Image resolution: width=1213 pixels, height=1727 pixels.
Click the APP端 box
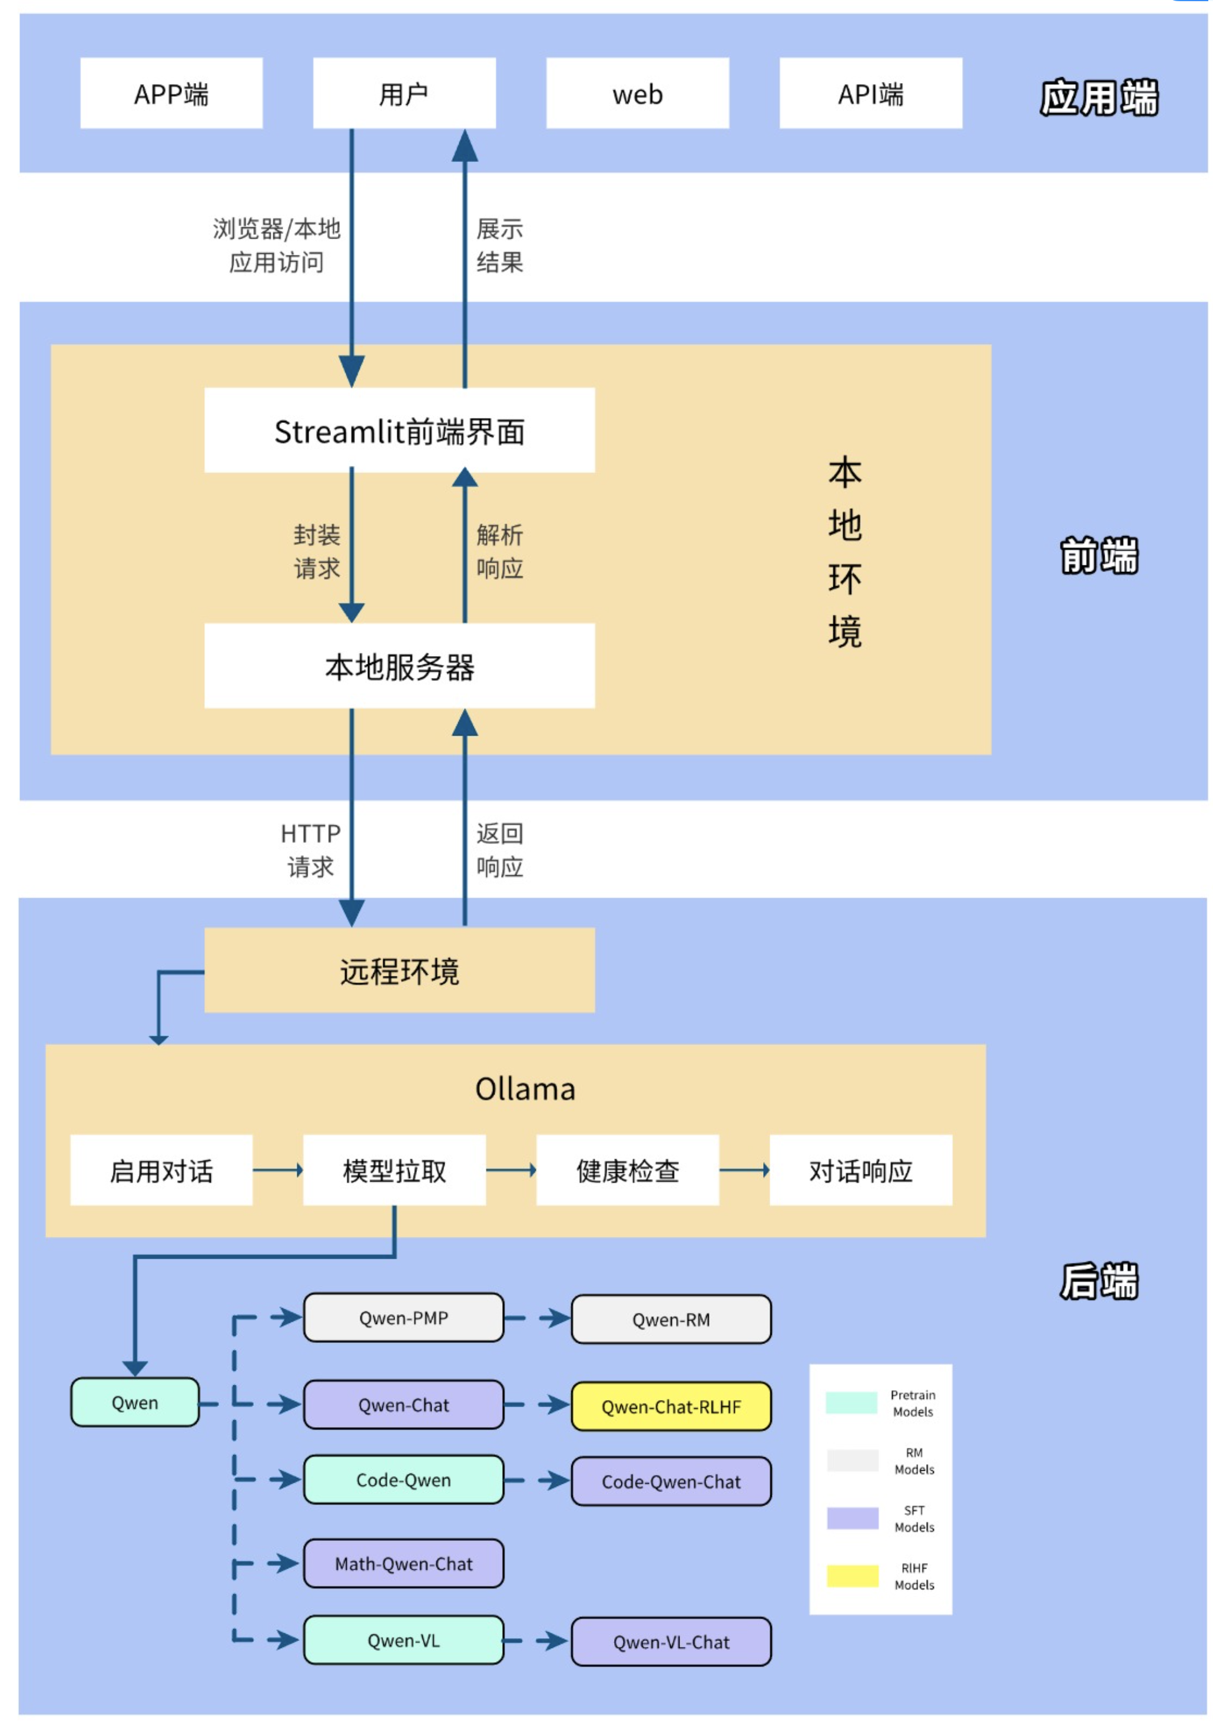pos(171,93)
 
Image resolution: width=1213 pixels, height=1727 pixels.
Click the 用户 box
pos(404,93)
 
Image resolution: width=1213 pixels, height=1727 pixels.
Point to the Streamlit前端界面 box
pos(399,430)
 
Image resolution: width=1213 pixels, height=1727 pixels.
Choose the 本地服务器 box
pos(399,666)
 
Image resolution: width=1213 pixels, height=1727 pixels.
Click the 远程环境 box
pos(399,970)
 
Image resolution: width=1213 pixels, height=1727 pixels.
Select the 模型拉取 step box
pos(393,1170)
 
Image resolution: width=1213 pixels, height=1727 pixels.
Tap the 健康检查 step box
pos(627,1170)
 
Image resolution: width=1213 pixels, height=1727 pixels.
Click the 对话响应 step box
pos(860,1170)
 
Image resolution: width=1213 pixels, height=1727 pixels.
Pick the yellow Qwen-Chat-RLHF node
pos(670,1406)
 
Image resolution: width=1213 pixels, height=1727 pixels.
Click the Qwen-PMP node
pos(403,1317)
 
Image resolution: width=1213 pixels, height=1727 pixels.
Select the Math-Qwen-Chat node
pos(403,1563)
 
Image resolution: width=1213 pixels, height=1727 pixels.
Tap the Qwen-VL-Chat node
pos(670,1641)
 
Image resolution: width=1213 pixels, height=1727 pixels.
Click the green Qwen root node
pos(135,1402)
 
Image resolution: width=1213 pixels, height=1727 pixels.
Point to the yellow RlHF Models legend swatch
pos(851,1575)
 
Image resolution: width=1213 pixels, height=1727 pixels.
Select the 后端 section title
pos(1098,1281)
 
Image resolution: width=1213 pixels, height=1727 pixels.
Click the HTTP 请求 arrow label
pos(310,850)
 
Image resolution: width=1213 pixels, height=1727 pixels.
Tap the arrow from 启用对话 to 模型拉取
pos(277,1170)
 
